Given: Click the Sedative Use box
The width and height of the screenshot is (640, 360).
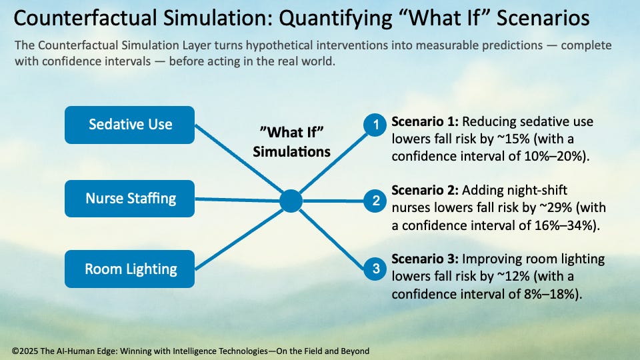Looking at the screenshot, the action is [x=130, y=125].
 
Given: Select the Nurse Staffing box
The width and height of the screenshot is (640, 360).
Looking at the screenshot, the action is [x=130, y=198].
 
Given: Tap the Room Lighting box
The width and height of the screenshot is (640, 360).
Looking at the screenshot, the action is [x=130, y=269].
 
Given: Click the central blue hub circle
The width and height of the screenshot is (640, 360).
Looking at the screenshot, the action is [x=291, y=201].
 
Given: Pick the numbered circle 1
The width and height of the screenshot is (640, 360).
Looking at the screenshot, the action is [x=376, y=124].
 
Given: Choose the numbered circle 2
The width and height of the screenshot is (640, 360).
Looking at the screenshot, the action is [x=376, y=200].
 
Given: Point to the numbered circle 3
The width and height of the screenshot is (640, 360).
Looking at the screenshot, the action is [x=376, y=269].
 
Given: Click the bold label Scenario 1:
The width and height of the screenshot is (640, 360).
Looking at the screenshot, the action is [x=425, y=123].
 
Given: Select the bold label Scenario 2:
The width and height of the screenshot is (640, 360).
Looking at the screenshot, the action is [x=425, y=191].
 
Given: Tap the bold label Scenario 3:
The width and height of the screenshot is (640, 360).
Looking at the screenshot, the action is [x=425, y=259].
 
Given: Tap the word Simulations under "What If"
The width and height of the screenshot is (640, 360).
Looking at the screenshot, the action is [x=291, y=151].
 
